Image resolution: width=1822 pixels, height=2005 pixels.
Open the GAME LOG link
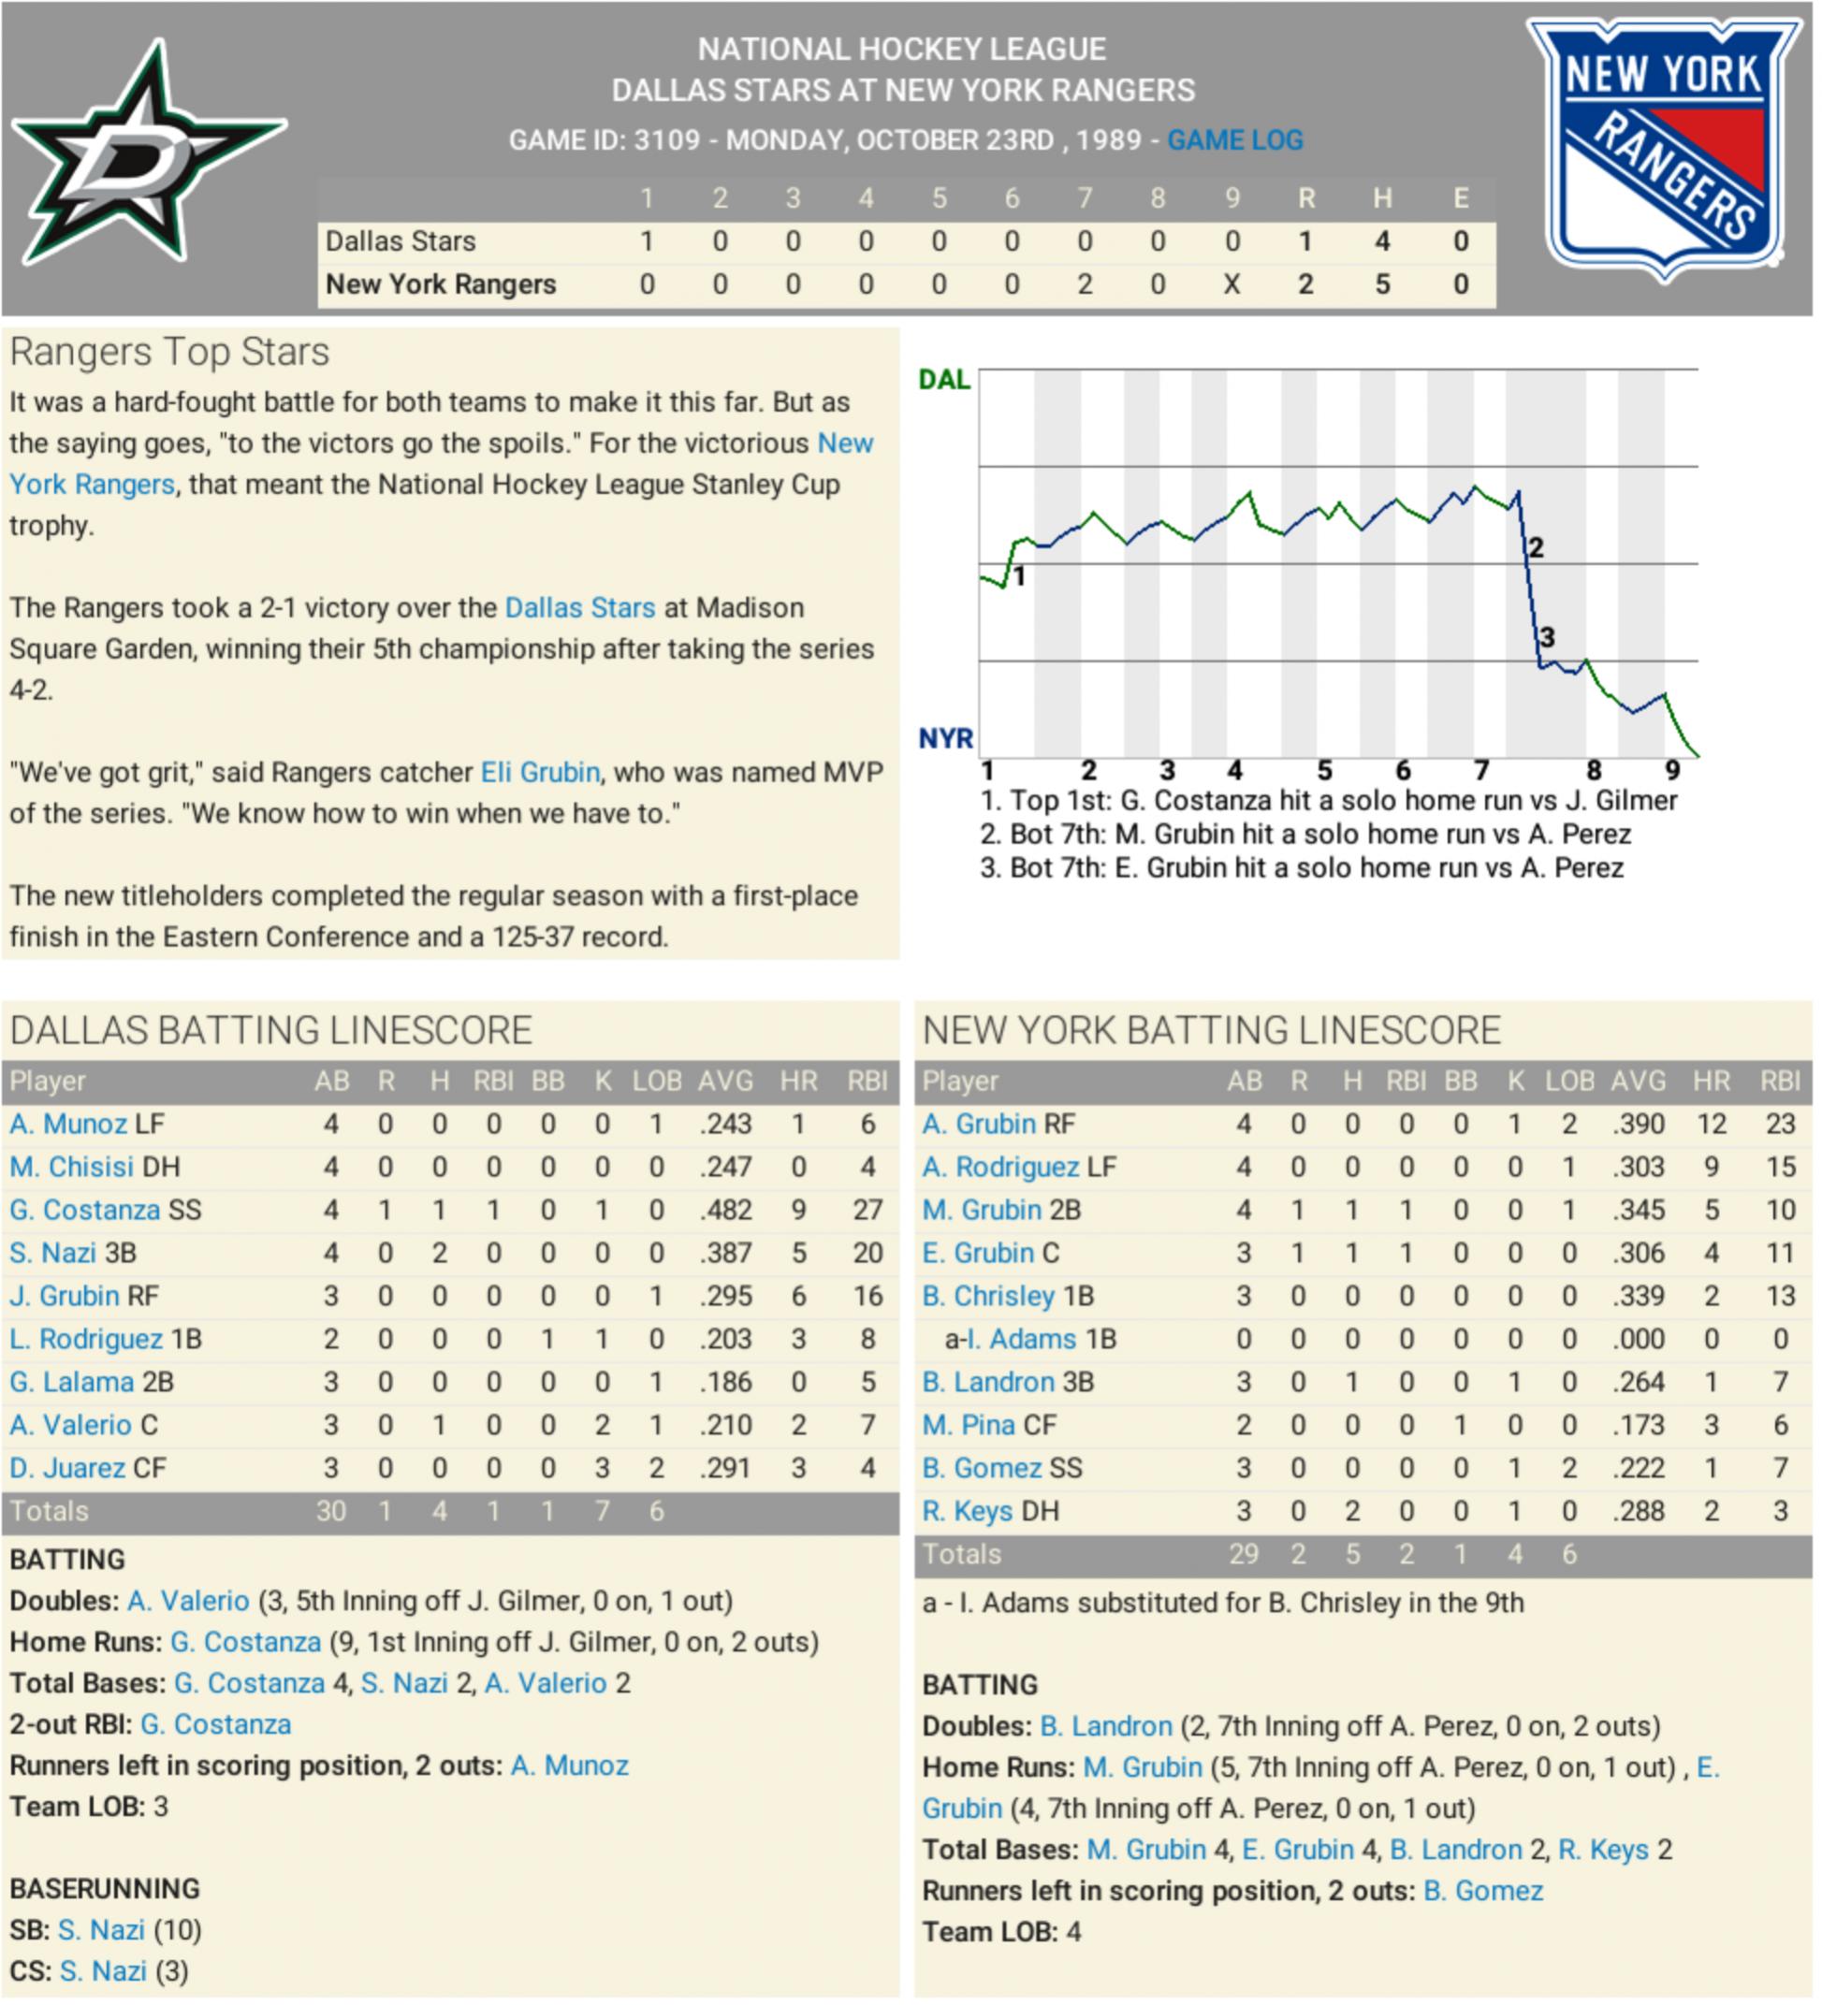[1234, 140]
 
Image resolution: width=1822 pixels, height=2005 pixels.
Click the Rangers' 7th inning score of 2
[1084, 284]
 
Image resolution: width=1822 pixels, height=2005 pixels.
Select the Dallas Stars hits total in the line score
[1381, 240]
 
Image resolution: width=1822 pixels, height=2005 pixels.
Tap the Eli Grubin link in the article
[540, 773]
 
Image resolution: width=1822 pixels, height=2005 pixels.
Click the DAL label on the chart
[944, 380]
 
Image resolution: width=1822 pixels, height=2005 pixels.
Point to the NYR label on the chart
[946, 738]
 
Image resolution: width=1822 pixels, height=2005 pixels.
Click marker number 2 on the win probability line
[1536, 547]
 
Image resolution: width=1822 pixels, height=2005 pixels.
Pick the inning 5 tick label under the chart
[1324, 771]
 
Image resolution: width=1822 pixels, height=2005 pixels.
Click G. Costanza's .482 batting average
[725, 1211]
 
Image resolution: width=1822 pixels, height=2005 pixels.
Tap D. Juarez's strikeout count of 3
[602, 1469]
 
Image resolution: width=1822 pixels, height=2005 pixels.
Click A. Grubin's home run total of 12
[1711, 1124]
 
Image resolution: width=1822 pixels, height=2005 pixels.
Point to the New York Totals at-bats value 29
[1243, 1554]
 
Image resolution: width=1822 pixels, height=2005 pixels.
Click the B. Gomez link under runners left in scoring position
[1483, 1891]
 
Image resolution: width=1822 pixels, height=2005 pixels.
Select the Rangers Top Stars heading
[169, 352]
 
